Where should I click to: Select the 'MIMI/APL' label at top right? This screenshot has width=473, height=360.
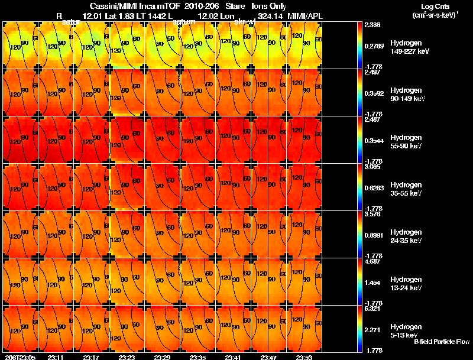[304, 15]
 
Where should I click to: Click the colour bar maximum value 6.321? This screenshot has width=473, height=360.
[372, 308]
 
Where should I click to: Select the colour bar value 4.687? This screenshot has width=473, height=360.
[372, 261]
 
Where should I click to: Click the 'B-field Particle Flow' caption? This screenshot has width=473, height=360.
[441, 342]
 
